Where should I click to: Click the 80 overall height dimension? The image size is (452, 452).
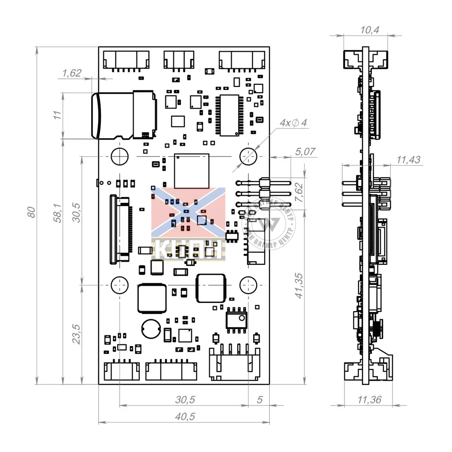point(31,212)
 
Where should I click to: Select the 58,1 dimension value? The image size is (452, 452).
point(57,213)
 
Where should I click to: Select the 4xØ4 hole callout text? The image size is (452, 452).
point(293,123)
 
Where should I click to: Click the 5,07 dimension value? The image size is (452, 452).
point(306,152)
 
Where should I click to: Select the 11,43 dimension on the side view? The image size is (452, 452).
point(408,160)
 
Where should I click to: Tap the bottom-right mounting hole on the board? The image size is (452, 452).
point(248,285)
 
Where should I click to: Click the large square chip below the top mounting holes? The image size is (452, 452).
point(192,170)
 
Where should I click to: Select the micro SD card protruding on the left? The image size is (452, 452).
point(112,115)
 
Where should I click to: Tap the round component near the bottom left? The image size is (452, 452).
point(151,329)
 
